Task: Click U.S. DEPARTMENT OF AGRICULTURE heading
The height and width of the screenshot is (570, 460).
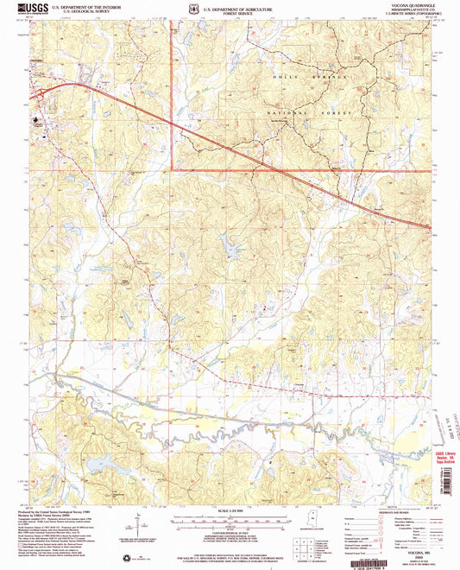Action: pos(230,5)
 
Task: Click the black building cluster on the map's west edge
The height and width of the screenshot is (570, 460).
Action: pos(39,122)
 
